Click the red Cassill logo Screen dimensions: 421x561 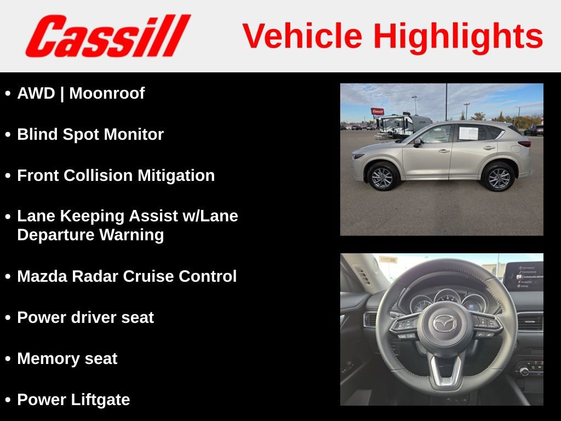[x=107, y=36]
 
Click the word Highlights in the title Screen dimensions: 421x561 [x=458, y=36]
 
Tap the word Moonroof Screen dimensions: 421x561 [x=107, y=94]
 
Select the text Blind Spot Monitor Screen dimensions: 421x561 [x=90, y=135]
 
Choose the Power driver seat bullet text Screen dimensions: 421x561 [x=85, y=317]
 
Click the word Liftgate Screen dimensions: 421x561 [x=101, y=400]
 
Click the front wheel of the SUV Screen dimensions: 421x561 [x=382, y=177]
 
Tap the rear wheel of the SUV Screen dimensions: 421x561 [x=498, y=177]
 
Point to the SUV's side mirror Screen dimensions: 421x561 [x=417, y=143]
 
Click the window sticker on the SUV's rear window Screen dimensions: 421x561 [x=468, y=133]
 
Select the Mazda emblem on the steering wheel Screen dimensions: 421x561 [x=444, y=323]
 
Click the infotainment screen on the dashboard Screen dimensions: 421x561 [x=523, y=276]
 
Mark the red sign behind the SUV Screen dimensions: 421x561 [x=377, y=111]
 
